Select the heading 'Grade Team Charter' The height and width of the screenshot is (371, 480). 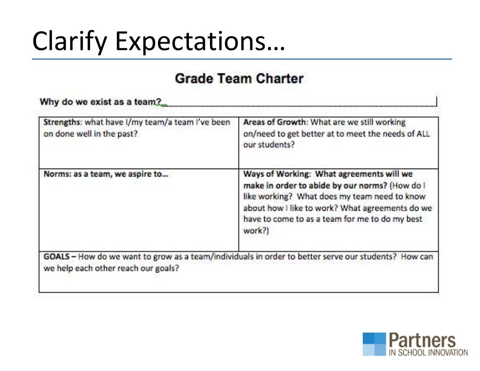tap(239, 78)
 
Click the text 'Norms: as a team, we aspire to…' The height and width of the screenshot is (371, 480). tap(106, 174)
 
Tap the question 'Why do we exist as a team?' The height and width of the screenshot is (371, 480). tap(101, 102)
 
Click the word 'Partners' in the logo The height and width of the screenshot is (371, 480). tap(421, 341)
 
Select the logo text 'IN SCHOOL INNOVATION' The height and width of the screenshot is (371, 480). tap(428, 352)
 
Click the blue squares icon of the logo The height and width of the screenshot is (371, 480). tap(374, 344)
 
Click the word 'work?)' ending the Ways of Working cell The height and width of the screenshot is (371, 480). tap(256, 230)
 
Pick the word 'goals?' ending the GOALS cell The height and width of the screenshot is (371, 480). tap(167, 269)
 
